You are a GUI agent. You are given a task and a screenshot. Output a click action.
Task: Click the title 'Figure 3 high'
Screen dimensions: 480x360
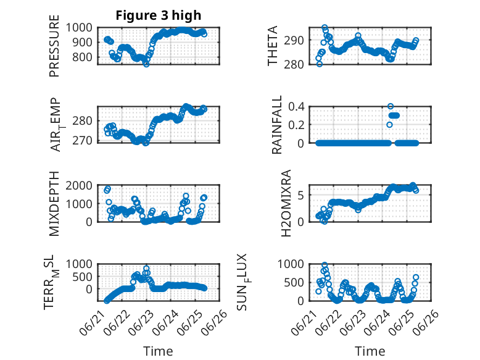pos(159,15)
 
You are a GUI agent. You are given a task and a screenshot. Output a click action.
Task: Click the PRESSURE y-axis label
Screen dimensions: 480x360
pos(54,46)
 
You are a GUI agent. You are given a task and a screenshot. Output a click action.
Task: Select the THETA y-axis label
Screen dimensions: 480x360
pos(272,46)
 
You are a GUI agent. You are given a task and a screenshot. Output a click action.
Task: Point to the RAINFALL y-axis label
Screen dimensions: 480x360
pos(276,125)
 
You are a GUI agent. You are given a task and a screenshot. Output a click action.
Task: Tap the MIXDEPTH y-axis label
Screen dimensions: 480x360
pos(54,204)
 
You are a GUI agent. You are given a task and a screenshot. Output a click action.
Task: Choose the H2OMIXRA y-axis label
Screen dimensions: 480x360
pos(286,203)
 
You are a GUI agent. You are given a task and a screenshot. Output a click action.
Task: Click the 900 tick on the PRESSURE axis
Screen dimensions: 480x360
pos(79,42)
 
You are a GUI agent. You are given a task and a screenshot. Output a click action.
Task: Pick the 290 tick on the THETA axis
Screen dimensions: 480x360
pos(294,40)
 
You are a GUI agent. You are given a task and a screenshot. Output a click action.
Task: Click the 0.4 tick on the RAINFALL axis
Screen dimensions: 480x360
pos(296,107)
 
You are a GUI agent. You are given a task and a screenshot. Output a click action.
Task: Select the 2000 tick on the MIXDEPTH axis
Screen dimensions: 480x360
pos(79,185)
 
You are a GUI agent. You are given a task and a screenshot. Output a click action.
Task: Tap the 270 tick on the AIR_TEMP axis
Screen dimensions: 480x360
pos(82,141)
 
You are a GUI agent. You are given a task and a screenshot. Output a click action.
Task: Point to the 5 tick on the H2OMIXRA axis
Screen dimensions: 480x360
pos(301,195)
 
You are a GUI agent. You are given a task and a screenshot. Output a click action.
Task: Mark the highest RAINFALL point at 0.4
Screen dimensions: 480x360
pos(391,106)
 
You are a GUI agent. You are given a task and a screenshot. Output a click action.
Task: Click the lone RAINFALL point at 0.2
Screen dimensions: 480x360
pos(389,125)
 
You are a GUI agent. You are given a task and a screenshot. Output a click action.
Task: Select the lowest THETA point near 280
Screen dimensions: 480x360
pos(320,64)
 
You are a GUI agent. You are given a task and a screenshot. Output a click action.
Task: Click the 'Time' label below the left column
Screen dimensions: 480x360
pos(158,351)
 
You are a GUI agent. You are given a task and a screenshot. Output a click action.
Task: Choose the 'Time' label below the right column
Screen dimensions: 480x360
pos(370,351)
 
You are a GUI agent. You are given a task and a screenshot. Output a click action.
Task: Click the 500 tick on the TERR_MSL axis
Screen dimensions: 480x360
pos(82,277)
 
